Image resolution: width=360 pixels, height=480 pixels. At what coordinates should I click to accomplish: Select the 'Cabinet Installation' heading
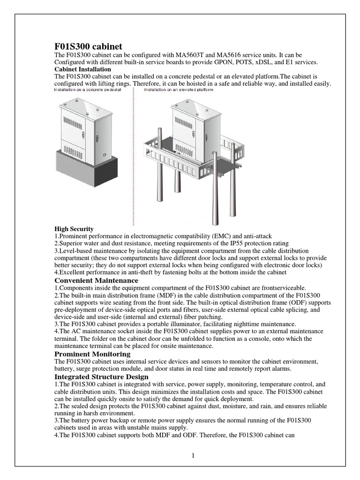[x=82, y=69]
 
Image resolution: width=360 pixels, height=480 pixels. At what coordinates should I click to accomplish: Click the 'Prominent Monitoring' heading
[x=92, y=354]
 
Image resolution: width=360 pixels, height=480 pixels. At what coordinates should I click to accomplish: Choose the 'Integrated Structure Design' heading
[x=101, y=377]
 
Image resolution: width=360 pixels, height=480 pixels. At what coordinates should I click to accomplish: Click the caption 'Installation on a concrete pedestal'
[x=88, y=90]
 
